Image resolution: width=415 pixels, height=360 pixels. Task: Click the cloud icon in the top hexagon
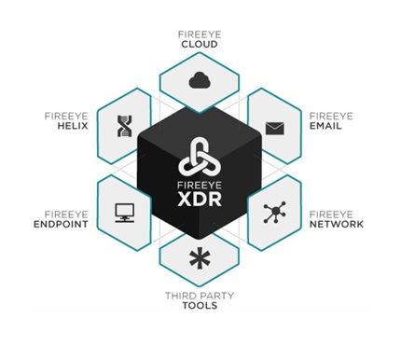[200, 80]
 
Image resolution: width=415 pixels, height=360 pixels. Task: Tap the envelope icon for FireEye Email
[275, 129]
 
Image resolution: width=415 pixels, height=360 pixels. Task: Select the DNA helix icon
[125, 126]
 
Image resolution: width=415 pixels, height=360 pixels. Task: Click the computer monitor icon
[125, 213]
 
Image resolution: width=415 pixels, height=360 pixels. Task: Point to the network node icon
[275, 213]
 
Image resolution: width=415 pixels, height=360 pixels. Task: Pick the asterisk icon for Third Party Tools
[200, 258]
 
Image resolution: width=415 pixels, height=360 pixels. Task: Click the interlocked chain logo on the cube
[200, 156]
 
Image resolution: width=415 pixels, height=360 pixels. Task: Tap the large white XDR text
[200, 200]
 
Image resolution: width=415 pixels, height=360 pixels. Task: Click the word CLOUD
[200, 45]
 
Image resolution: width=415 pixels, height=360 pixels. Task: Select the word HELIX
[73, 126]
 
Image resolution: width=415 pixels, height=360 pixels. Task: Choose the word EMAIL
[325, 126]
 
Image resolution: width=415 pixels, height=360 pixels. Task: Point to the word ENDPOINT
[61, 224]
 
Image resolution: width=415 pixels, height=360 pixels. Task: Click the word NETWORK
[337, 224]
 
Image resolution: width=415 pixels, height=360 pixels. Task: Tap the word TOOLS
[200, 306]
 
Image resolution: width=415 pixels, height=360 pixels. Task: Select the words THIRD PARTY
[200, 296]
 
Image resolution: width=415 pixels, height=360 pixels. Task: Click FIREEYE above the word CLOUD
[200, 35]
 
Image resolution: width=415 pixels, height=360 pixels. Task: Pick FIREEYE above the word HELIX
[66, 117]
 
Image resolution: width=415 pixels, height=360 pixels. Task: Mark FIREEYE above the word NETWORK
[331, 215]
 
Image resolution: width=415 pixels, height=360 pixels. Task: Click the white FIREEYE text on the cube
[200, 186]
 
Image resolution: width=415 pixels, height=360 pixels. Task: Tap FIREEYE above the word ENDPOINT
[66, 215]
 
